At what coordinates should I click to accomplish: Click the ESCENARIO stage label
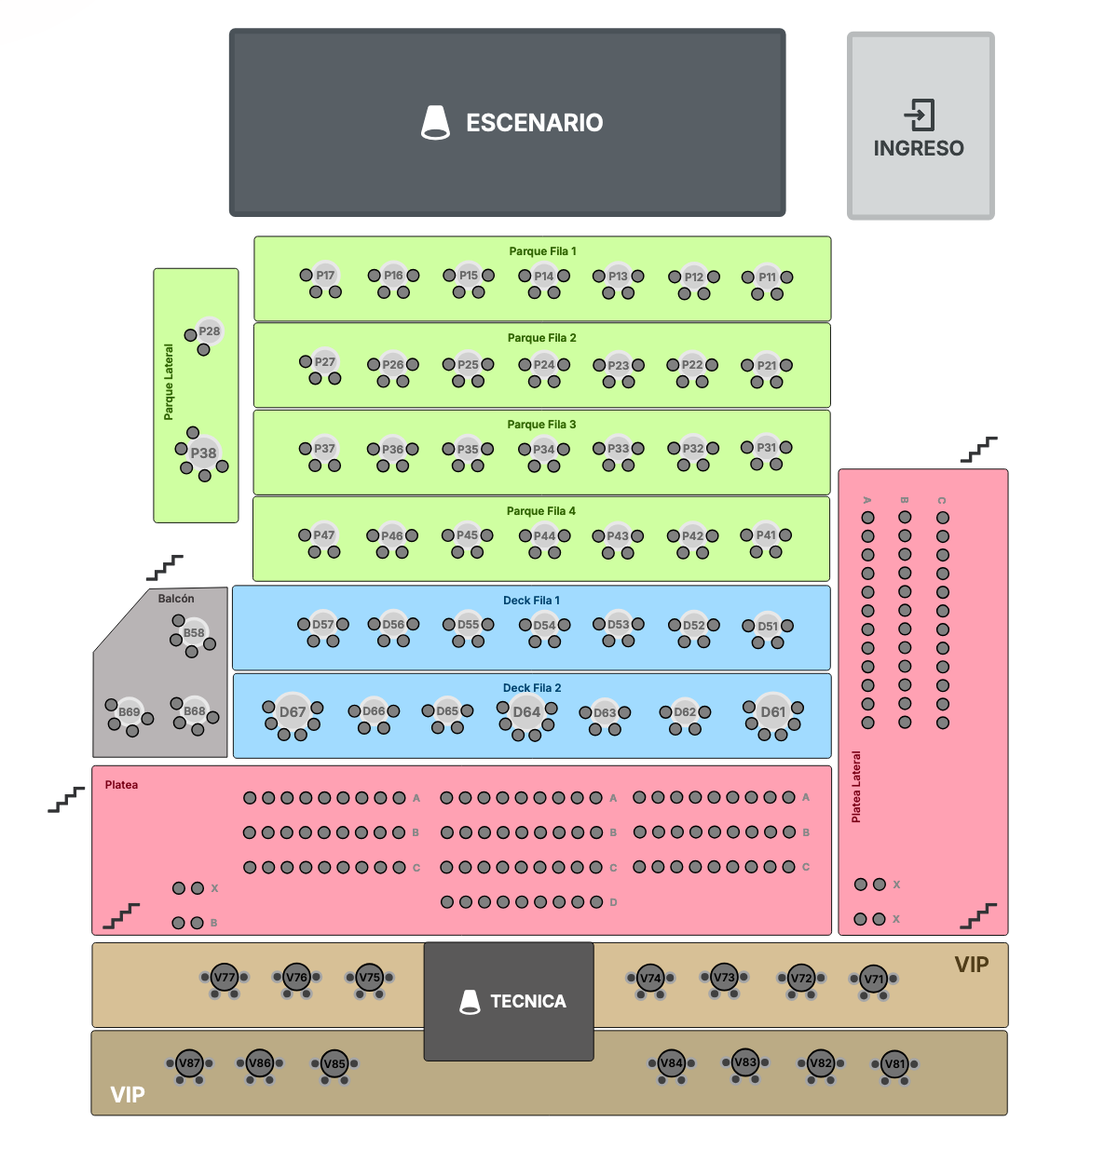[534, 123]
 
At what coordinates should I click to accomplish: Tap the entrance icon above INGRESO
[919, 115]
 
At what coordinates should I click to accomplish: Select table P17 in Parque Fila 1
[324, 276]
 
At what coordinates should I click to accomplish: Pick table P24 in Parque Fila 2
[544, 365]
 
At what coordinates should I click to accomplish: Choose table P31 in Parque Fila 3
[767, 448]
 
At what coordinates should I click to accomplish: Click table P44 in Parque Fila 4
[544, 536]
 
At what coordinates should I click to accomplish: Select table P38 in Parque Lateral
[203, 453]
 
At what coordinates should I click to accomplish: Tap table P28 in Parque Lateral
[209, 331]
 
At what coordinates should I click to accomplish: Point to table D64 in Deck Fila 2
[526, 712]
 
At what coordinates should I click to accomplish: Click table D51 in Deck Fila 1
[768, 627]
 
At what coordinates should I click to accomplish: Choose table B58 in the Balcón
[194, 633]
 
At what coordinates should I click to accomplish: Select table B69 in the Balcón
[129, 712]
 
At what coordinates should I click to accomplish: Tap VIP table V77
[225, 978]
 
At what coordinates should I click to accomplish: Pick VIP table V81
[894, 1064]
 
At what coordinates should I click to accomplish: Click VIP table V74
[650, 979]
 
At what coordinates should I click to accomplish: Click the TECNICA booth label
[527, 1002]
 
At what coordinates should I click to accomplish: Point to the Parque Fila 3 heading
[541, 425]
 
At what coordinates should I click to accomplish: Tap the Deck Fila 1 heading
[531, 601]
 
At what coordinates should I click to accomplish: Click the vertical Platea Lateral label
[856, 787]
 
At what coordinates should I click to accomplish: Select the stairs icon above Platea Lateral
[978, 449]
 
